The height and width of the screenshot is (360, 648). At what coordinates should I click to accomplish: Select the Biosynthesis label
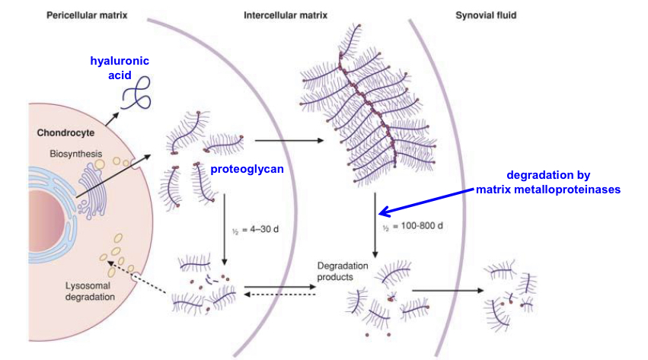click(75, 153)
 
